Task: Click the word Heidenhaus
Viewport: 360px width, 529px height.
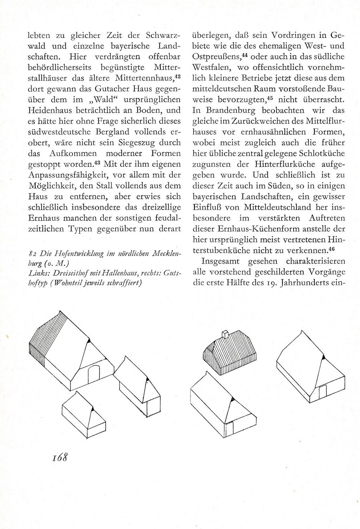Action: [51, 110]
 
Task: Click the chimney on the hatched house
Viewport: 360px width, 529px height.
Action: [225, 335]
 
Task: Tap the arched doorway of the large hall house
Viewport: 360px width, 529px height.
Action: [94, 375]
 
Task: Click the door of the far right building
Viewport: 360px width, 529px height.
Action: [322, 392]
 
